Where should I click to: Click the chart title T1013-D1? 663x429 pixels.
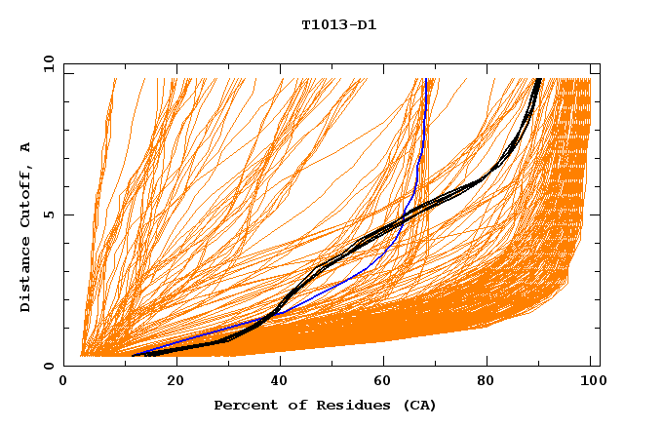338,24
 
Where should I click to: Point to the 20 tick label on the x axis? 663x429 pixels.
175,383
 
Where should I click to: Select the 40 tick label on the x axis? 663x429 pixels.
280,383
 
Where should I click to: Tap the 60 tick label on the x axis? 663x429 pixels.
385,383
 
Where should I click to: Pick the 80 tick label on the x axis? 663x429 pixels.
490,383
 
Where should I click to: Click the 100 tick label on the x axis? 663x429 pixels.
592,383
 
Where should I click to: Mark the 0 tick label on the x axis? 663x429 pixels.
64,383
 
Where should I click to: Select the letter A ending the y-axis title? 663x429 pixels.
25,147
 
